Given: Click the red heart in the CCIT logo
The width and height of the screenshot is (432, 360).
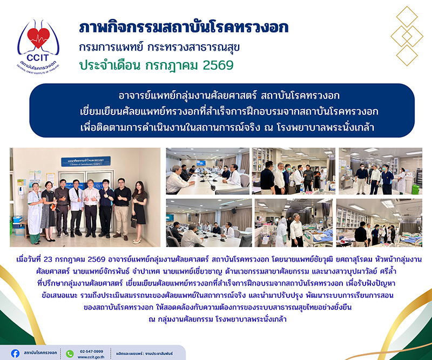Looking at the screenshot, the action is (x=38, y=37).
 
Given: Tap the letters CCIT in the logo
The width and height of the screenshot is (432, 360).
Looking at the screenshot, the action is (x=37, y=58).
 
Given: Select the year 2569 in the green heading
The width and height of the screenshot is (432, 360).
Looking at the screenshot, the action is (x=218, y=65).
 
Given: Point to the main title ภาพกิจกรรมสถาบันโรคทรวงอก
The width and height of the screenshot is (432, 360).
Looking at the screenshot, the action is (x=184, y=28).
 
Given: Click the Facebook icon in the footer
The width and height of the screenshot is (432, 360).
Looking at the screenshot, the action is (x=15, y=353).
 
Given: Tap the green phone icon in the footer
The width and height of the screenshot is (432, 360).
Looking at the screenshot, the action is (x=70, y=354).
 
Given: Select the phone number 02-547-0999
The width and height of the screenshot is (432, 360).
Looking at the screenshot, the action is (x=91, y=351).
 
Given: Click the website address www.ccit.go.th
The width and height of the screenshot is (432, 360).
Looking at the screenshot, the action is (x=91, y=357).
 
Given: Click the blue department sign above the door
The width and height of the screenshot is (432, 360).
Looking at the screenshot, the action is (x=86, y=161).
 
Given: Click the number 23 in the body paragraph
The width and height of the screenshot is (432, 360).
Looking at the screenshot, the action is (x=48, y=260).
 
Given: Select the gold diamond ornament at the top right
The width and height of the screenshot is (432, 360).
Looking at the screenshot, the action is (x=407, y=36).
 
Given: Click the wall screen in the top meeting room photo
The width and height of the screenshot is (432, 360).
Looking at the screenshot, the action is (x=201, y=163).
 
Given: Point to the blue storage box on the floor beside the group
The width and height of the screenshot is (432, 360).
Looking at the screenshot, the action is (x=18, y=219).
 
